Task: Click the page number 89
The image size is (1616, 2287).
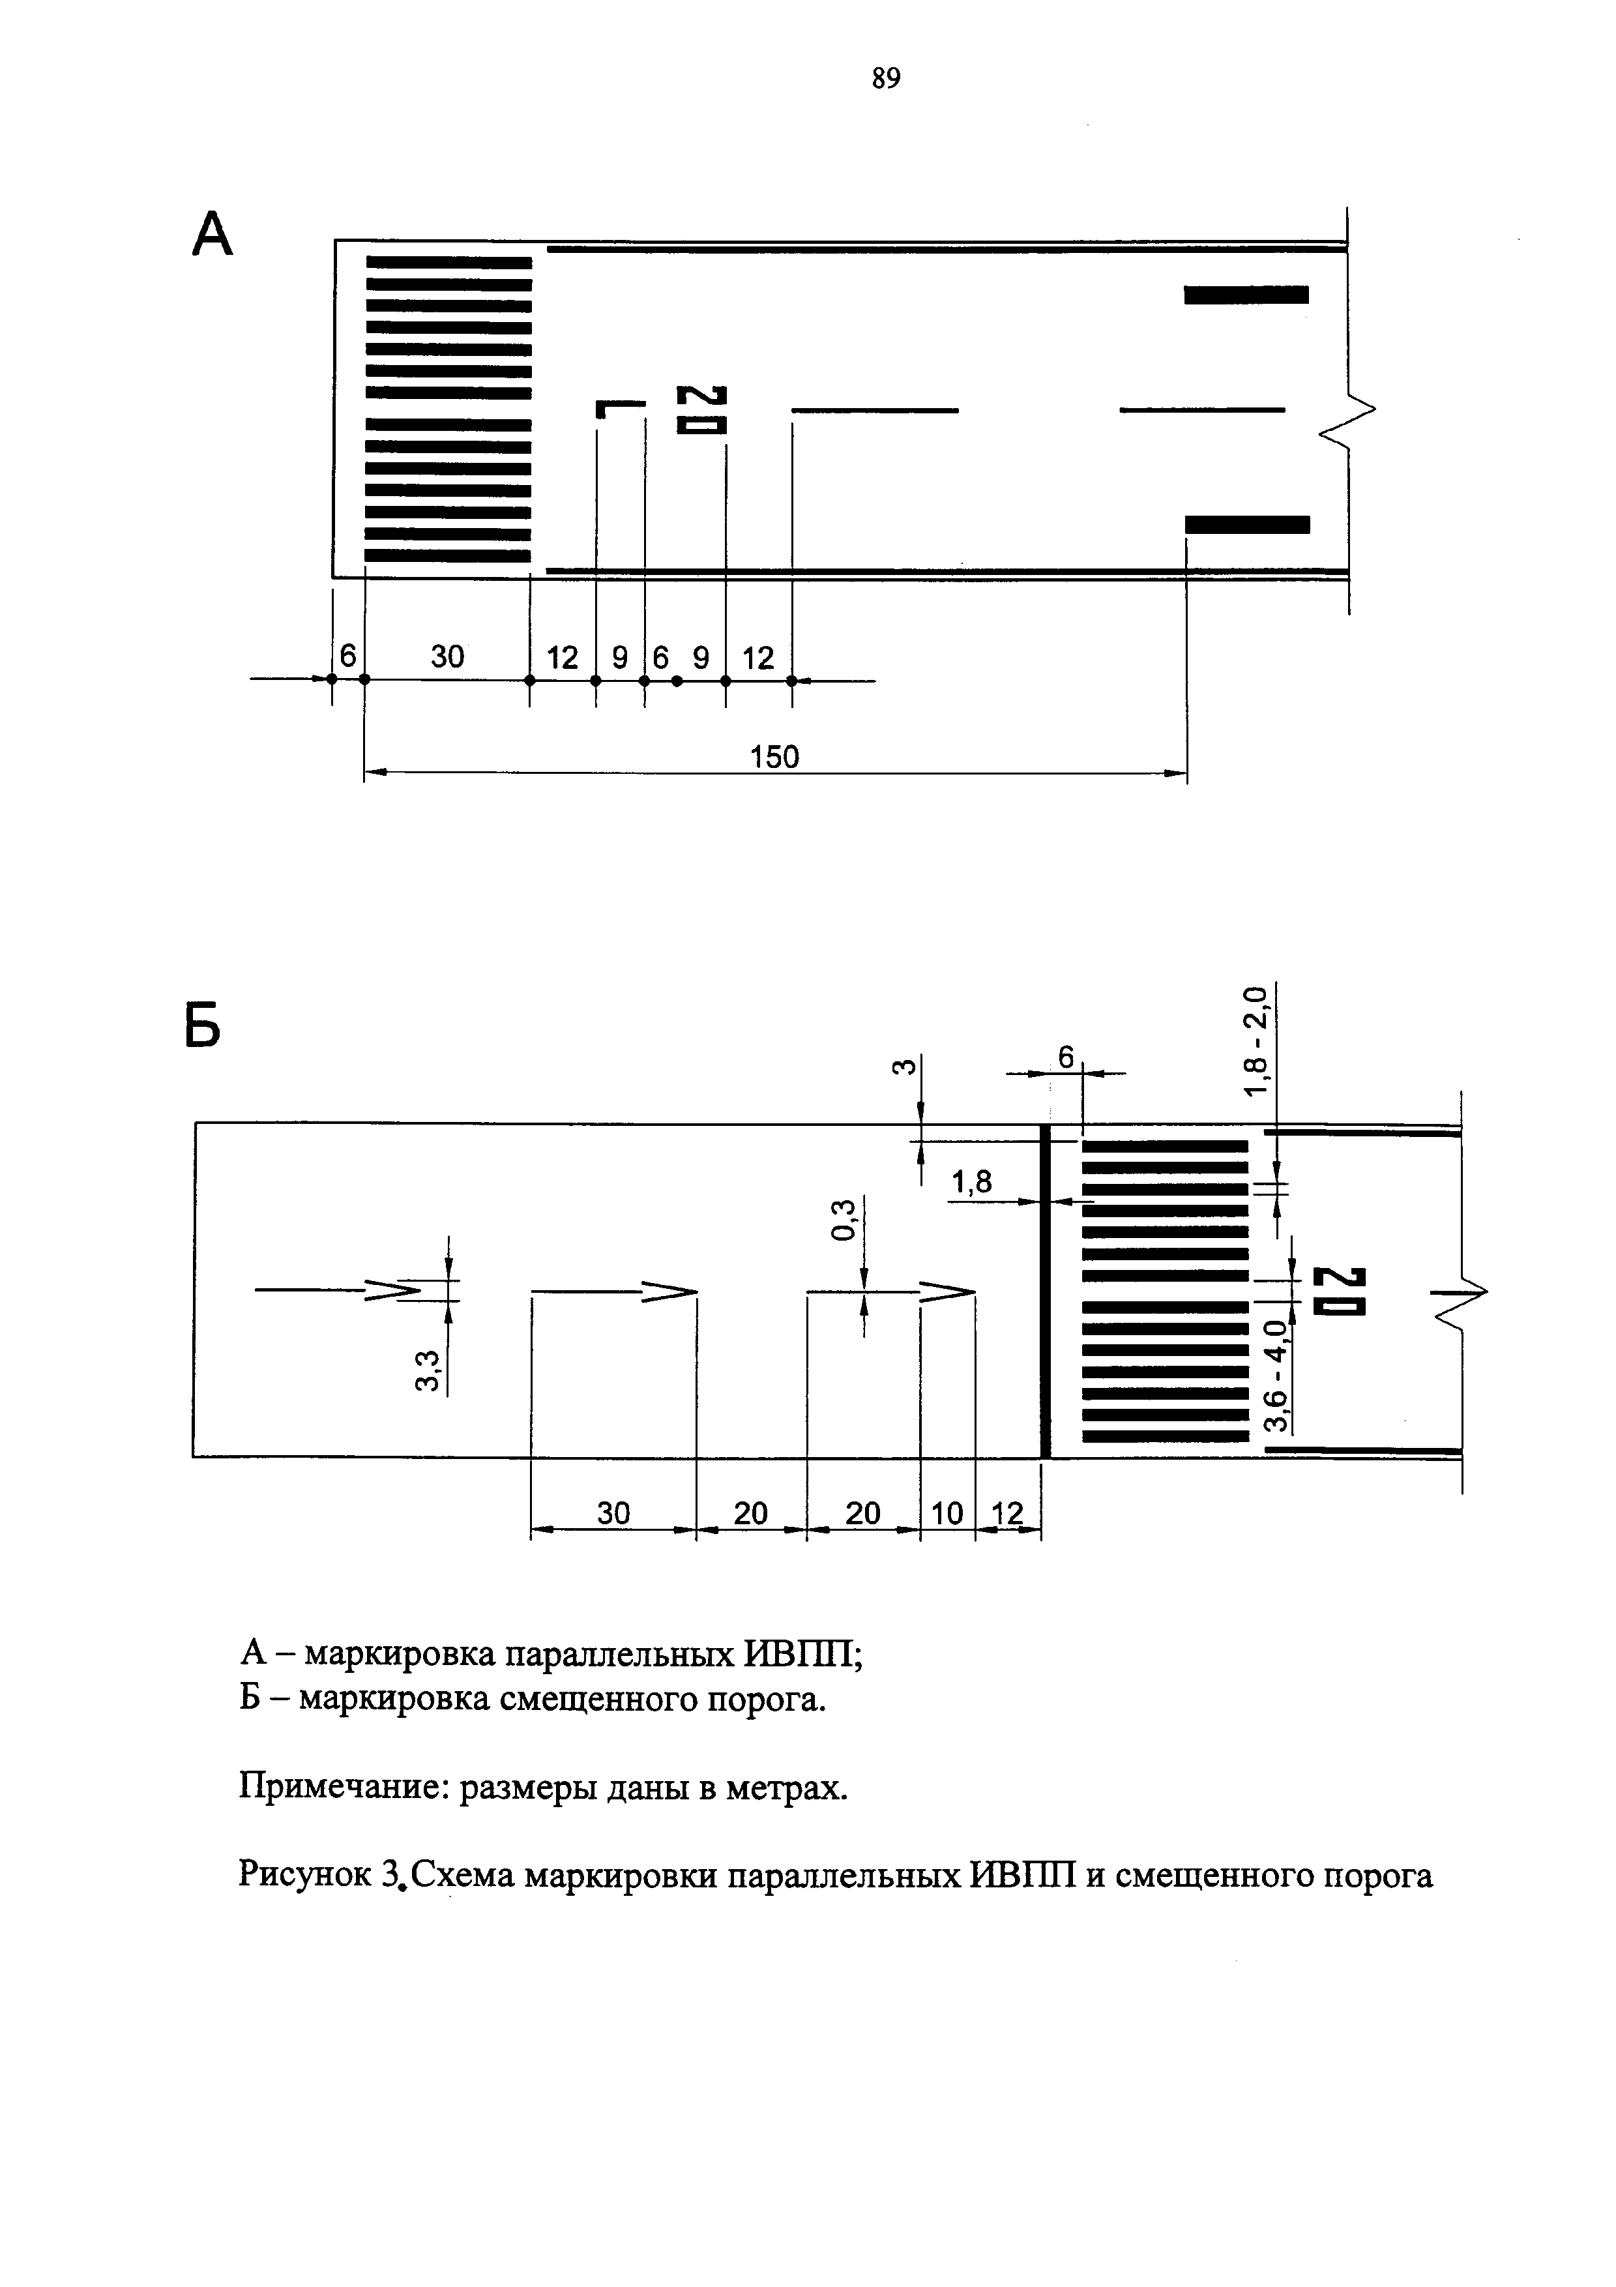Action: pyautogui.click(x=885, y=78)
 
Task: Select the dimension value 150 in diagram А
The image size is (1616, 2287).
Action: pyautogui.click(x=774, y=758)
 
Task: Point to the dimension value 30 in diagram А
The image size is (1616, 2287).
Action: pyautogui.click(x=447, y=657)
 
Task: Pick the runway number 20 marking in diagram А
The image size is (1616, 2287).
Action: pyautogui.click(x=702, y=409)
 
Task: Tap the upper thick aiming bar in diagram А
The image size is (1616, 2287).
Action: pyautogui.click(x=1246, y=295)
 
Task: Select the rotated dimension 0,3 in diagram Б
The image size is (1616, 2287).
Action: pyautogui.click(x=844, y=1220)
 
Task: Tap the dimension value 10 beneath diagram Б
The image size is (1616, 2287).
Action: pyautogui.click(x=947, y=1513)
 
